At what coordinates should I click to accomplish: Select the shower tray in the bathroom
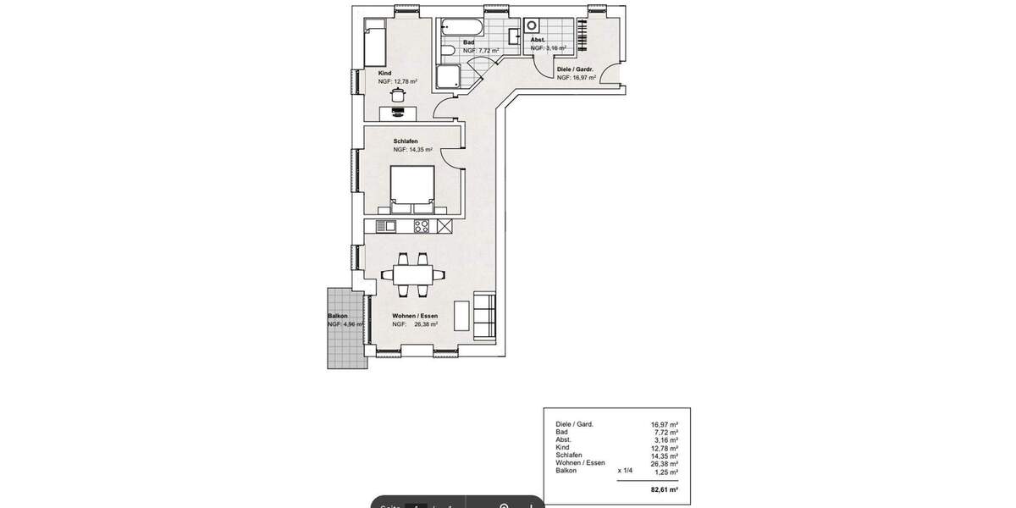point(449,78)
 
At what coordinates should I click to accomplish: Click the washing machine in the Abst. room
point(533,25)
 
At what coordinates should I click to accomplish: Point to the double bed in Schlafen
point(412,190)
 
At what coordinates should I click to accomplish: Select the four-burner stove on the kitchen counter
point(422,225)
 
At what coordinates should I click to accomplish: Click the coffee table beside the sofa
point(462,316)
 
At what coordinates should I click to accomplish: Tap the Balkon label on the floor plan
point(338,317)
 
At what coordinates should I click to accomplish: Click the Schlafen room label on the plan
point(406,141)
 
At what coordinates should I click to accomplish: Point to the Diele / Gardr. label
point(575,69)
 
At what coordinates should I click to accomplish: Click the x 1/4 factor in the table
point(626,470)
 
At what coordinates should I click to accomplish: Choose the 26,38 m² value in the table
point(665,463)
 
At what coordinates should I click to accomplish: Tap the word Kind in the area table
point(562,447)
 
